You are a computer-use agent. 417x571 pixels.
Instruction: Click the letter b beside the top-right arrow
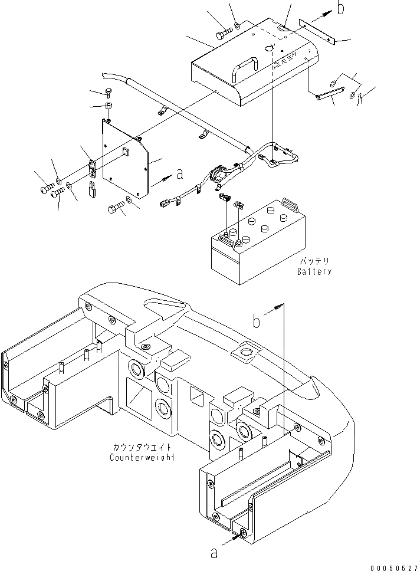[x=340, y=8]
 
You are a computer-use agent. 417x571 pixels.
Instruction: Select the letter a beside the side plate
[x=180, y=174]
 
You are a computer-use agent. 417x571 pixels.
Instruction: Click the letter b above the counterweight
[x=257, y=321]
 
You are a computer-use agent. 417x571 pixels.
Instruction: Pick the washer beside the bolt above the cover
[x=236, y=25]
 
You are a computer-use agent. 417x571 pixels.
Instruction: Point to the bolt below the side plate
[x=116, y=209]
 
